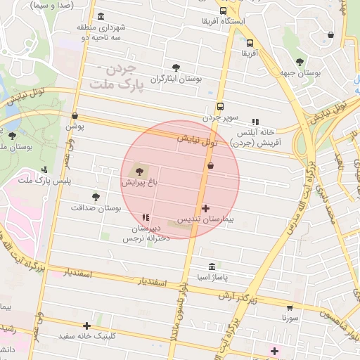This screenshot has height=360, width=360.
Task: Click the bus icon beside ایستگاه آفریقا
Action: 224,11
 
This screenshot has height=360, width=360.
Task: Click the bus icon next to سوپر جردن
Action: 221,107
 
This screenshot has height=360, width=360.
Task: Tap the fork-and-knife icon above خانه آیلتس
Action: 255,122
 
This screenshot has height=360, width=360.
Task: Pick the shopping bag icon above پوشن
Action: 75,116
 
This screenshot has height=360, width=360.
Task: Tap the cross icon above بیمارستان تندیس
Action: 205,208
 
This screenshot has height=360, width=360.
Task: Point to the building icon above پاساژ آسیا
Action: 212,267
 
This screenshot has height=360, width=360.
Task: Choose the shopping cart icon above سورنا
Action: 290,307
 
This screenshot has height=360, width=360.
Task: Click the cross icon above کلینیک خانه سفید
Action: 86,326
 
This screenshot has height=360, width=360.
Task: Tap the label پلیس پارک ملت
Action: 35,181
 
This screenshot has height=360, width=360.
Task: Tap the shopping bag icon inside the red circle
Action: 210,165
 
